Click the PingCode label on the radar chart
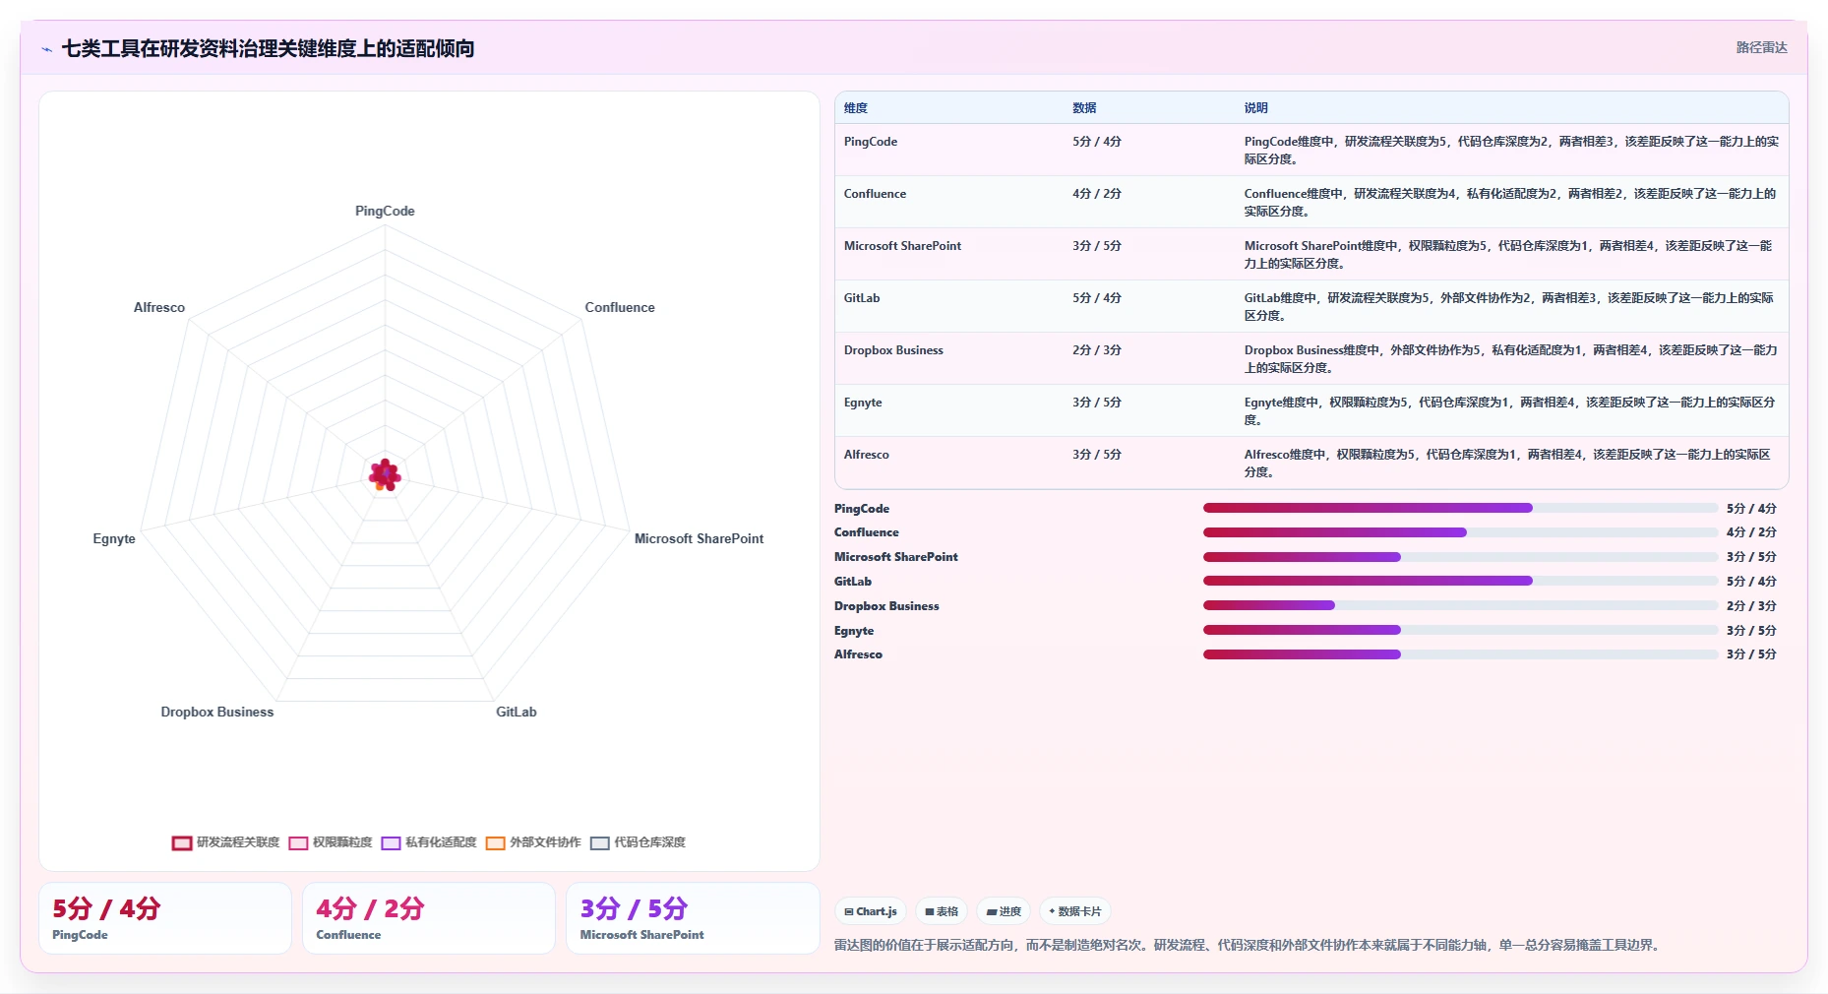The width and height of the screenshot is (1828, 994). coord(385,211)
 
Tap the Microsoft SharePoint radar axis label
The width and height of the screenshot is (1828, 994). coord(699,538)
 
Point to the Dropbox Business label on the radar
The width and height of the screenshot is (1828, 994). coord(217,712)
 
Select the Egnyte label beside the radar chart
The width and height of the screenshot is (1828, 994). coord(114,538)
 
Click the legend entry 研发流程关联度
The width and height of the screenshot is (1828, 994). coord(226,842)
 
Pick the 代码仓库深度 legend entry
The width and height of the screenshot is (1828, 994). coord(639,842)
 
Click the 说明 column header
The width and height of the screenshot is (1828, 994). coord(1255,108)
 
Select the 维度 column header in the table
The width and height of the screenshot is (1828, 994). coord(856,108)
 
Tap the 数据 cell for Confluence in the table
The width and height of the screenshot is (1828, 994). coord(1097,194)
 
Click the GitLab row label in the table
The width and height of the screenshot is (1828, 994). coord(862,298)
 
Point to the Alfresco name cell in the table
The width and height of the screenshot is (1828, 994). coord(867,455)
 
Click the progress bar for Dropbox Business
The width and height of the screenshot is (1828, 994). coord(1460,605)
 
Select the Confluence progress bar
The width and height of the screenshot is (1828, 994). coord(1460,532)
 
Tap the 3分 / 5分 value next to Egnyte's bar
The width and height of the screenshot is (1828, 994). coord(1751,631)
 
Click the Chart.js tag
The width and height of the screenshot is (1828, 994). coord(871,911)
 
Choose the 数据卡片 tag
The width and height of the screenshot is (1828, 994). coord(1075,911)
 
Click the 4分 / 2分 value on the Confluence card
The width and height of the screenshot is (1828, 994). coord(370,908)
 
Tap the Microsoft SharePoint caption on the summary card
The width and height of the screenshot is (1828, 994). coord(641,935)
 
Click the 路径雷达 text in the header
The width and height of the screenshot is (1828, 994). coord(1761,47)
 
